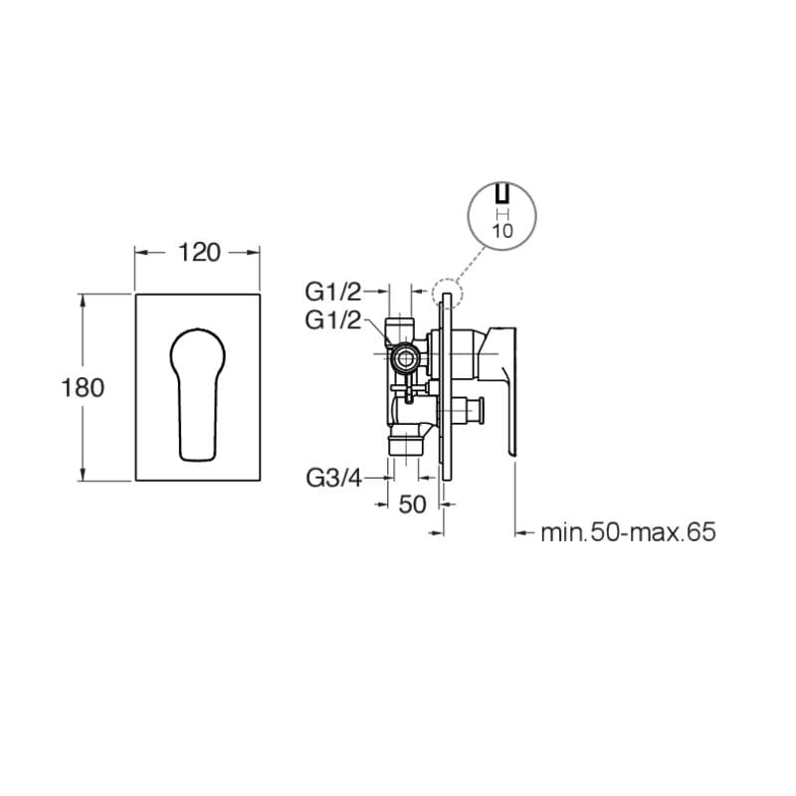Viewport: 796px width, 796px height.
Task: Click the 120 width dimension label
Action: pyautogui.click(x=199, y=253)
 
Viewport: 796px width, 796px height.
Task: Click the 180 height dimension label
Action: pyautogui.click(x=83, y=388)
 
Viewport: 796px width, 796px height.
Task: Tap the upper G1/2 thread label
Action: pyautogui.click(x=333, y=292)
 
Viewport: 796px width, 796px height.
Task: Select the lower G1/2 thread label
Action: pyautogui.click(x=333, y=320)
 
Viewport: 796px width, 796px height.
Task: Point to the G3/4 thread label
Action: pyautogui.click(x=333, y=478)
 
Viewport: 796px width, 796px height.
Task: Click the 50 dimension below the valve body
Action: pyautogui.click(x=412, y=504)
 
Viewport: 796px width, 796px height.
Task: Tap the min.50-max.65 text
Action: pyautogui.click(x=629, y=532)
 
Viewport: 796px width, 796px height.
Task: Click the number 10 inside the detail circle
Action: pyautogui.click(x=502, y=232)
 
